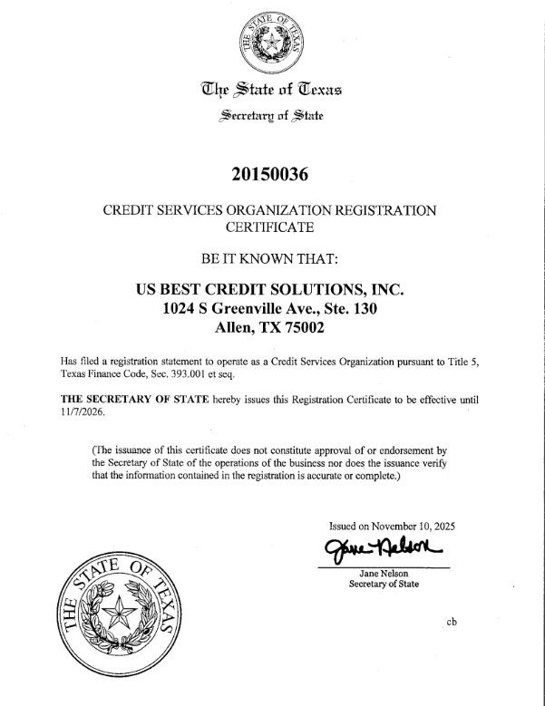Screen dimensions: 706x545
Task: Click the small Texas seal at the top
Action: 270,42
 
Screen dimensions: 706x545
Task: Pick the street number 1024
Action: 181,310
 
